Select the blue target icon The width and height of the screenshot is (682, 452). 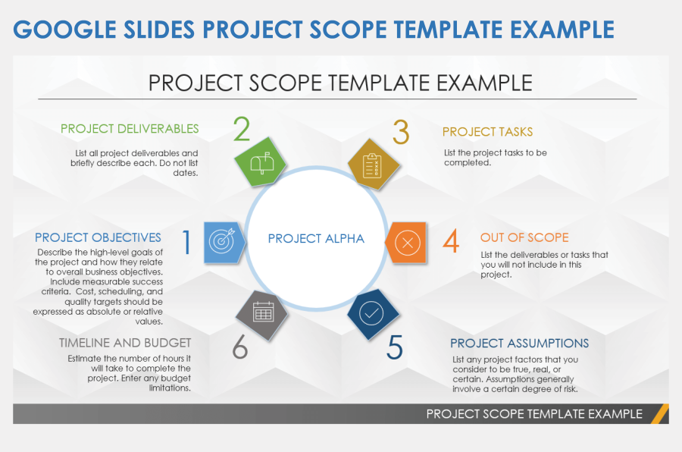tap(222, 242)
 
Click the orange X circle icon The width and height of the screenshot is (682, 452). tap(408, 243)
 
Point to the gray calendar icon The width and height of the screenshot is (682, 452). tap(262, 312)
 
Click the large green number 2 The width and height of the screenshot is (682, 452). tap(242, 130)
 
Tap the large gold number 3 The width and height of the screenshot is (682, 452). tap(401, 132)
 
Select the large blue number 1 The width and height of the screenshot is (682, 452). tap(186, 243)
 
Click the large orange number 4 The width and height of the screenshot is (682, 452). tap(451, 243)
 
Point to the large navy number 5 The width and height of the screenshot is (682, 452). tap(395, 347)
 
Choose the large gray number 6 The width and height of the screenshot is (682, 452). tap(239, 347)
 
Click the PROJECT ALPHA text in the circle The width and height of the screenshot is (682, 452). tap(316, 239)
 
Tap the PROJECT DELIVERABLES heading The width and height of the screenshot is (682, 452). tap(130, 129)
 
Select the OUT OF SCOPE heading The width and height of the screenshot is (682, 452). tap(524, 237)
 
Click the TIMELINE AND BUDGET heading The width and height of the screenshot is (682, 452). tap(125, 343)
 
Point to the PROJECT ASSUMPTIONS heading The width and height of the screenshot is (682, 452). tap(519, 344)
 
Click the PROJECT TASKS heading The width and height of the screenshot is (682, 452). tap(487, 132)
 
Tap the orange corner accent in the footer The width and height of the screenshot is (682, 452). tap(660, 413)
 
